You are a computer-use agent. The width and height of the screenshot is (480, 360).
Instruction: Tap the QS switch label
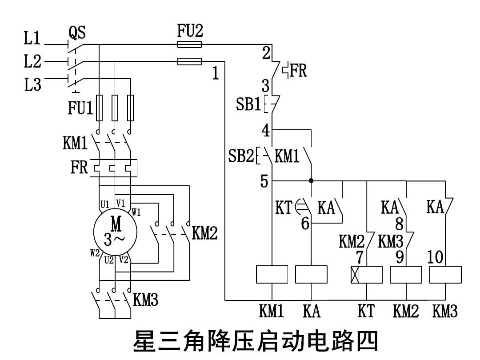tap(77, 32)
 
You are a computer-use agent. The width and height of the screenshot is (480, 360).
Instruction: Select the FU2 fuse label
tap(190, 31)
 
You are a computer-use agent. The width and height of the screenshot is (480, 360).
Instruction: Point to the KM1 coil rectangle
tap(272, 274)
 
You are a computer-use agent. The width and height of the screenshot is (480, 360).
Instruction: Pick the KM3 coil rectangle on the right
tap(445, 274)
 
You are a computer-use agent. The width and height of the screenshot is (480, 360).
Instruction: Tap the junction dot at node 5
tap(311, 181)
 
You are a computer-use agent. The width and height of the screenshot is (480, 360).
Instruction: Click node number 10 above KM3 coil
tap(436, 257)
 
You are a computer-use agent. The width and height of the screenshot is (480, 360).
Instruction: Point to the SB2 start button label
tap(240, 156)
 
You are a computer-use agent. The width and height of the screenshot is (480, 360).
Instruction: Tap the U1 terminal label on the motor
tap(105, 205)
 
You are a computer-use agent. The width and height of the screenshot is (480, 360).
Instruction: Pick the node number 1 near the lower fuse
tap(216, 74)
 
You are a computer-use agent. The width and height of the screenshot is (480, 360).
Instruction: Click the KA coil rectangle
tap(311, 274)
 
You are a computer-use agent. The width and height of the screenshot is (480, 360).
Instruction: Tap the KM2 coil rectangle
tap(406, 274)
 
